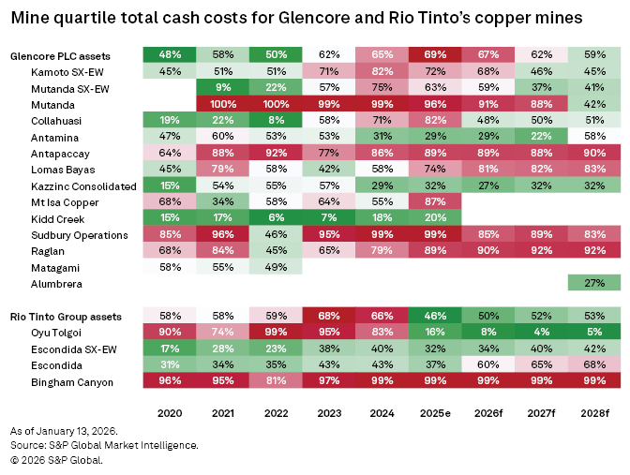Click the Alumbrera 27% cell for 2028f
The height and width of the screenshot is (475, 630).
tap(594, 282)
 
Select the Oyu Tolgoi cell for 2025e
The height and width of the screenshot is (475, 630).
tap(435, 334)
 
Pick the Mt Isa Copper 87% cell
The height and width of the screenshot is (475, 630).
tap(435, 200)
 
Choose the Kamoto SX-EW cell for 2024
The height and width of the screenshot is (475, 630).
tap(382, 70)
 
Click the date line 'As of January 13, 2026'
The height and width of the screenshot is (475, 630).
tap(63, 430)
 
